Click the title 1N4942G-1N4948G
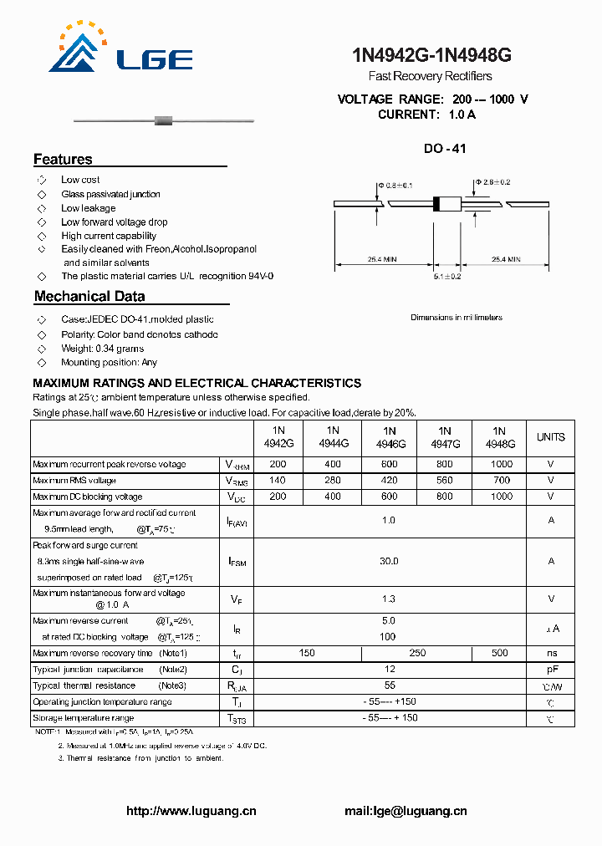[x=432, y=56]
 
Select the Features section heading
[x=63, y=160]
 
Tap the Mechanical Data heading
[x=89, y=296]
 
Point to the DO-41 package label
[x=444, y=149]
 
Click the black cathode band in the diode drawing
[x=436, y=203]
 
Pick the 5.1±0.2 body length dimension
[x=448, y=275]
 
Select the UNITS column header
[x=550, y=437]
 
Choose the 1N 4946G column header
[x=389, y=437]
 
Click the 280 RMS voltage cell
[x=333, y=481]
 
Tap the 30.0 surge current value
[x=389, y=562]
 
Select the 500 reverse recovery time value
[x=500, y=653]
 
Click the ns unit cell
[x=550, y=653]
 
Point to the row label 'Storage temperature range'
[x=83, y=718]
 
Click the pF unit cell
[x=550, y=670]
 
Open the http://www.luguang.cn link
[x=191, y=811]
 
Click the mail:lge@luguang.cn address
[x=406, y=811]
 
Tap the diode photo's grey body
[x=164, y=121]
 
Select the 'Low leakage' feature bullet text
[x=89, y=208]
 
